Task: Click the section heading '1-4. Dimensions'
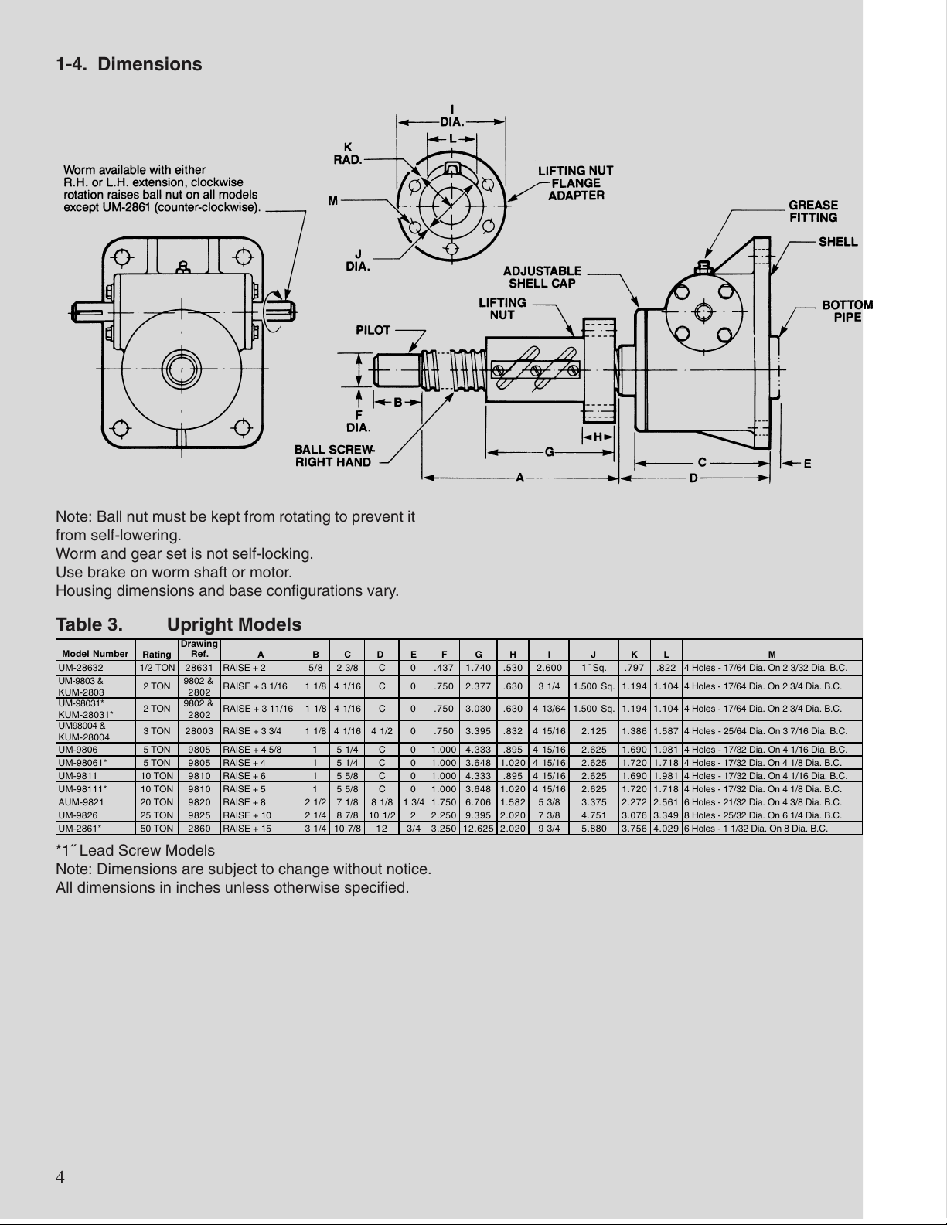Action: [128, 64]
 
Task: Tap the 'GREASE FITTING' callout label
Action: [812, 212]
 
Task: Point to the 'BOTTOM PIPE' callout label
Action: [847, 311]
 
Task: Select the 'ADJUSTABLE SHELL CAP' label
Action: [542, 277]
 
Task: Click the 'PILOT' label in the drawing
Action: [373, 330]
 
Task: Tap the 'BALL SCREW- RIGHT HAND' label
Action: [334, 456]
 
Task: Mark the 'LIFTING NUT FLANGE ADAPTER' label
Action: [575, 183]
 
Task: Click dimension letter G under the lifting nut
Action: [549, 451]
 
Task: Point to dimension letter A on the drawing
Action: [519, 478]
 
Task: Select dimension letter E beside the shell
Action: [807, 464]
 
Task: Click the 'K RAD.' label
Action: [348, 154]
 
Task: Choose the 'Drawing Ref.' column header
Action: [199, 649]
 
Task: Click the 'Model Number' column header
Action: [95, 654]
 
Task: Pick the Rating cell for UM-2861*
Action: [157, 828]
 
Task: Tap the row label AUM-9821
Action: [81, 801]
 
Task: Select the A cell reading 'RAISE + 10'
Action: [247, 815]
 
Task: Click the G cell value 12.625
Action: [478, 828]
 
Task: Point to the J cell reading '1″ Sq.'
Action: [594, 668]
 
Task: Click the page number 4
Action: [60, 1177]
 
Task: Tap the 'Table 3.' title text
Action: [89, 624]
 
